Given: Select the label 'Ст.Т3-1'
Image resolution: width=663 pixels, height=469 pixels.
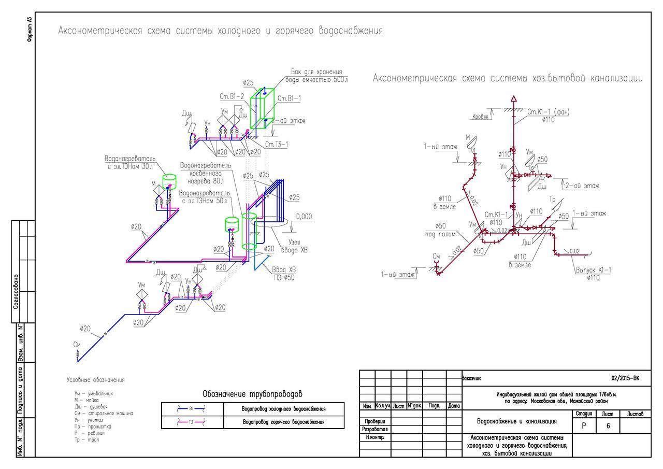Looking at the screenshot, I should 277,144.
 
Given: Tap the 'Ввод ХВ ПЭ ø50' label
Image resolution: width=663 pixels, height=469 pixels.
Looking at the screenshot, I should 283,273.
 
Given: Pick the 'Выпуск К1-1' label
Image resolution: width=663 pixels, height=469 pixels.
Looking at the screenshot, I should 593,270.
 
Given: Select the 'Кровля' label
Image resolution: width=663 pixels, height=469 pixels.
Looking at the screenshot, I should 480,117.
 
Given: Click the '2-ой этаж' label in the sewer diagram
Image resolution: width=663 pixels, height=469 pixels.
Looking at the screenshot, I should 584,185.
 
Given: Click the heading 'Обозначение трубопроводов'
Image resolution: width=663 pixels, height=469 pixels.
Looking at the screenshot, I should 252,394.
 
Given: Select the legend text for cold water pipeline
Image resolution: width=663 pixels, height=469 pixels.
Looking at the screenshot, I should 284,409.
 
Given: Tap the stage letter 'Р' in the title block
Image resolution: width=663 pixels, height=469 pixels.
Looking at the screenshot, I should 584,425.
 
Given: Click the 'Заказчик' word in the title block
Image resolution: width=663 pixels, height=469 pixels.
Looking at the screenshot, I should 471,378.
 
